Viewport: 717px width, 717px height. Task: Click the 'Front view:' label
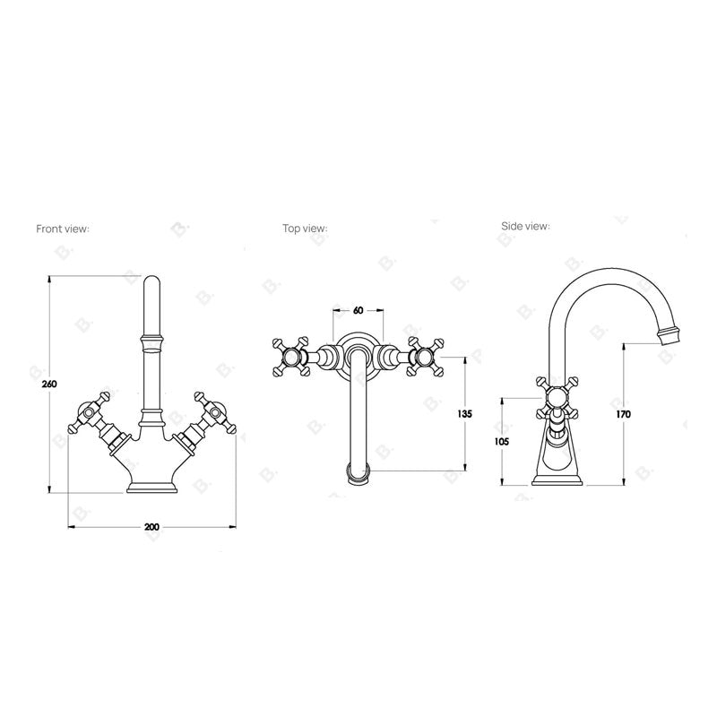coord(63,229)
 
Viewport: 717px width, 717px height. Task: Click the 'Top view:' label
coord(305,229)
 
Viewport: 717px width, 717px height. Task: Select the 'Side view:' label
coord(525,226)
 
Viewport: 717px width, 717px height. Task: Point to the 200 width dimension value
coord(151,526)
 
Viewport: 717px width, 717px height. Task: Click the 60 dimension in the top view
coord(358,310)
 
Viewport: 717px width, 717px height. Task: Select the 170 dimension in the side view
coord(623,414)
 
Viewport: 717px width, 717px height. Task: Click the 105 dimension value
coord(503,441)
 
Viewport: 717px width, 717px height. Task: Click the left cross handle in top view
coord(291,358)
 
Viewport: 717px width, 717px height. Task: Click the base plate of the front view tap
coord(151,488)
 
